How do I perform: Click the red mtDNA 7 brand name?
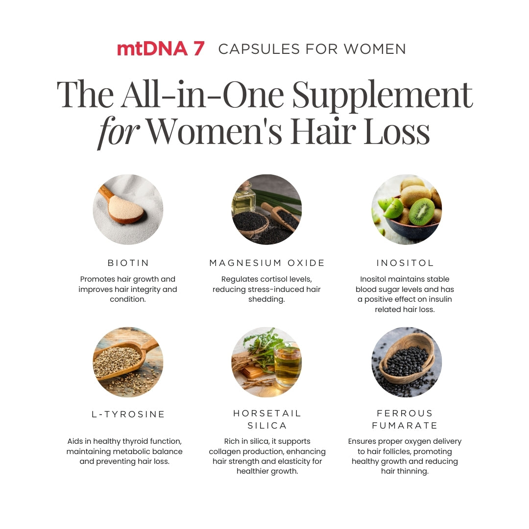(161, 48)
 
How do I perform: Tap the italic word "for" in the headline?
(119, 132)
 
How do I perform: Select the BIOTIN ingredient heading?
(128, 263)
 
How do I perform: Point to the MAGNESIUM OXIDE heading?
(267, 263)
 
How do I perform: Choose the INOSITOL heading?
(405, 263)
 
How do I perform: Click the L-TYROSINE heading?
(128, 414)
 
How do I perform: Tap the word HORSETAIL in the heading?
(267, 413)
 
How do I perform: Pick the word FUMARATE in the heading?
(405, 426)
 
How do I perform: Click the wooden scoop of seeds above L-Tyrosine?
(123, 360)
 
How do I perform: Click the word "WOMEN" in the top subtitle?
(375, 49)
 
